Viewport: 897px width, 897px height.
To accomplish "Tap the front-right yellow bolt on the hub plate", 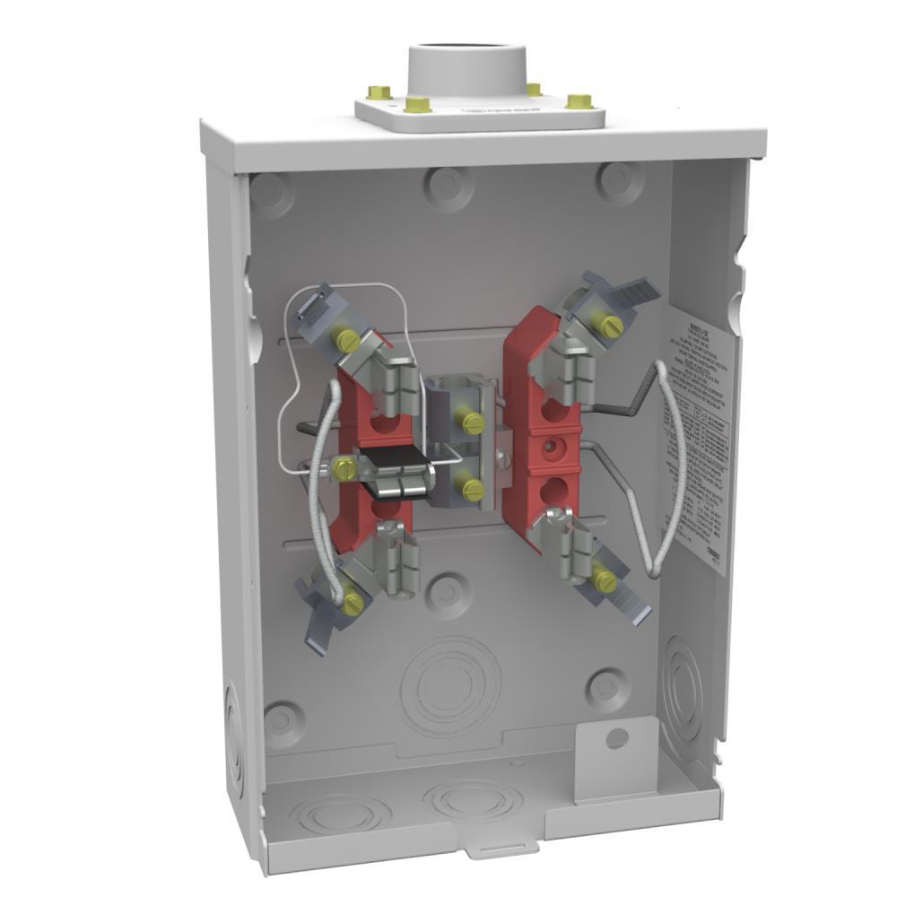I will tap(579, 101).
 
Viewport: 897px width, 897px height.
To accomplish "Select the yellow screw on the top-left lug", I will tap(344, 339).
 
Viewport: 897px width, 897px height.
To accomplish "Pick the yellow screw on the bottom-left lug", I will tap(351, 602).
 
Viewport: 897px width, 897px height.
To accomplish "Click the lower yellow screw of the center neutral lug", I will tap(471, 489).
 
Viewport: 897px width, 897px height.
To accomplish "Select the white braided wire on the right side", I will tap(671, 466).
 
